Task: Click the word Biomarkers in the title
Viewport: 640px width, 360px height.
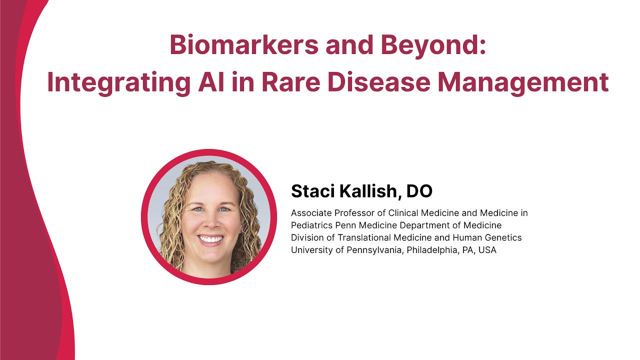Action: click(x=244, y=45)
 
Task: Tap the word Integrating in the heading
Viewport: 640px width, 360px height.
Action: click(x=119, y=83)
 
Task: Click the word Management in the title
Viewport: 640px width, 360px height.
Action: click(x=523, y=83)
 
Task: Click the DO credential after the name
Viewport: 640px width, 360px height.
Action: click(x=419, y=191)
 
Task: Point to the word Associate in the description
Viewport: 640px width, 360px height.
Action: click(x=311, y=213)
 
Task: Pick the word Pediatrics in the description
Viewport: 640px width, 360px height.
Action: click(x=311, y=225)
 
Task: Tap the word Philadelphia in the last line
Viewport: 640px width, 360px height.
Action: click(x=432, y=250)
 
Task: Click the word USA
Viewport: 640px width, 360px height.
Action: click(x=487, y=250)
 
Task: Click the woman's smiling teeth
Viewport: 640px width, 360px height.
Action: click(x=210, y=239)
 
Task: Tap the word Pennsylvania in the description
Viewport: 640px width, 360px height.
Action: click(x=375, y=250)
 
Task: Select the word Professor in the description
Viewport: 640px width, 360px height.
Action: click(x=353, y=213)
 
